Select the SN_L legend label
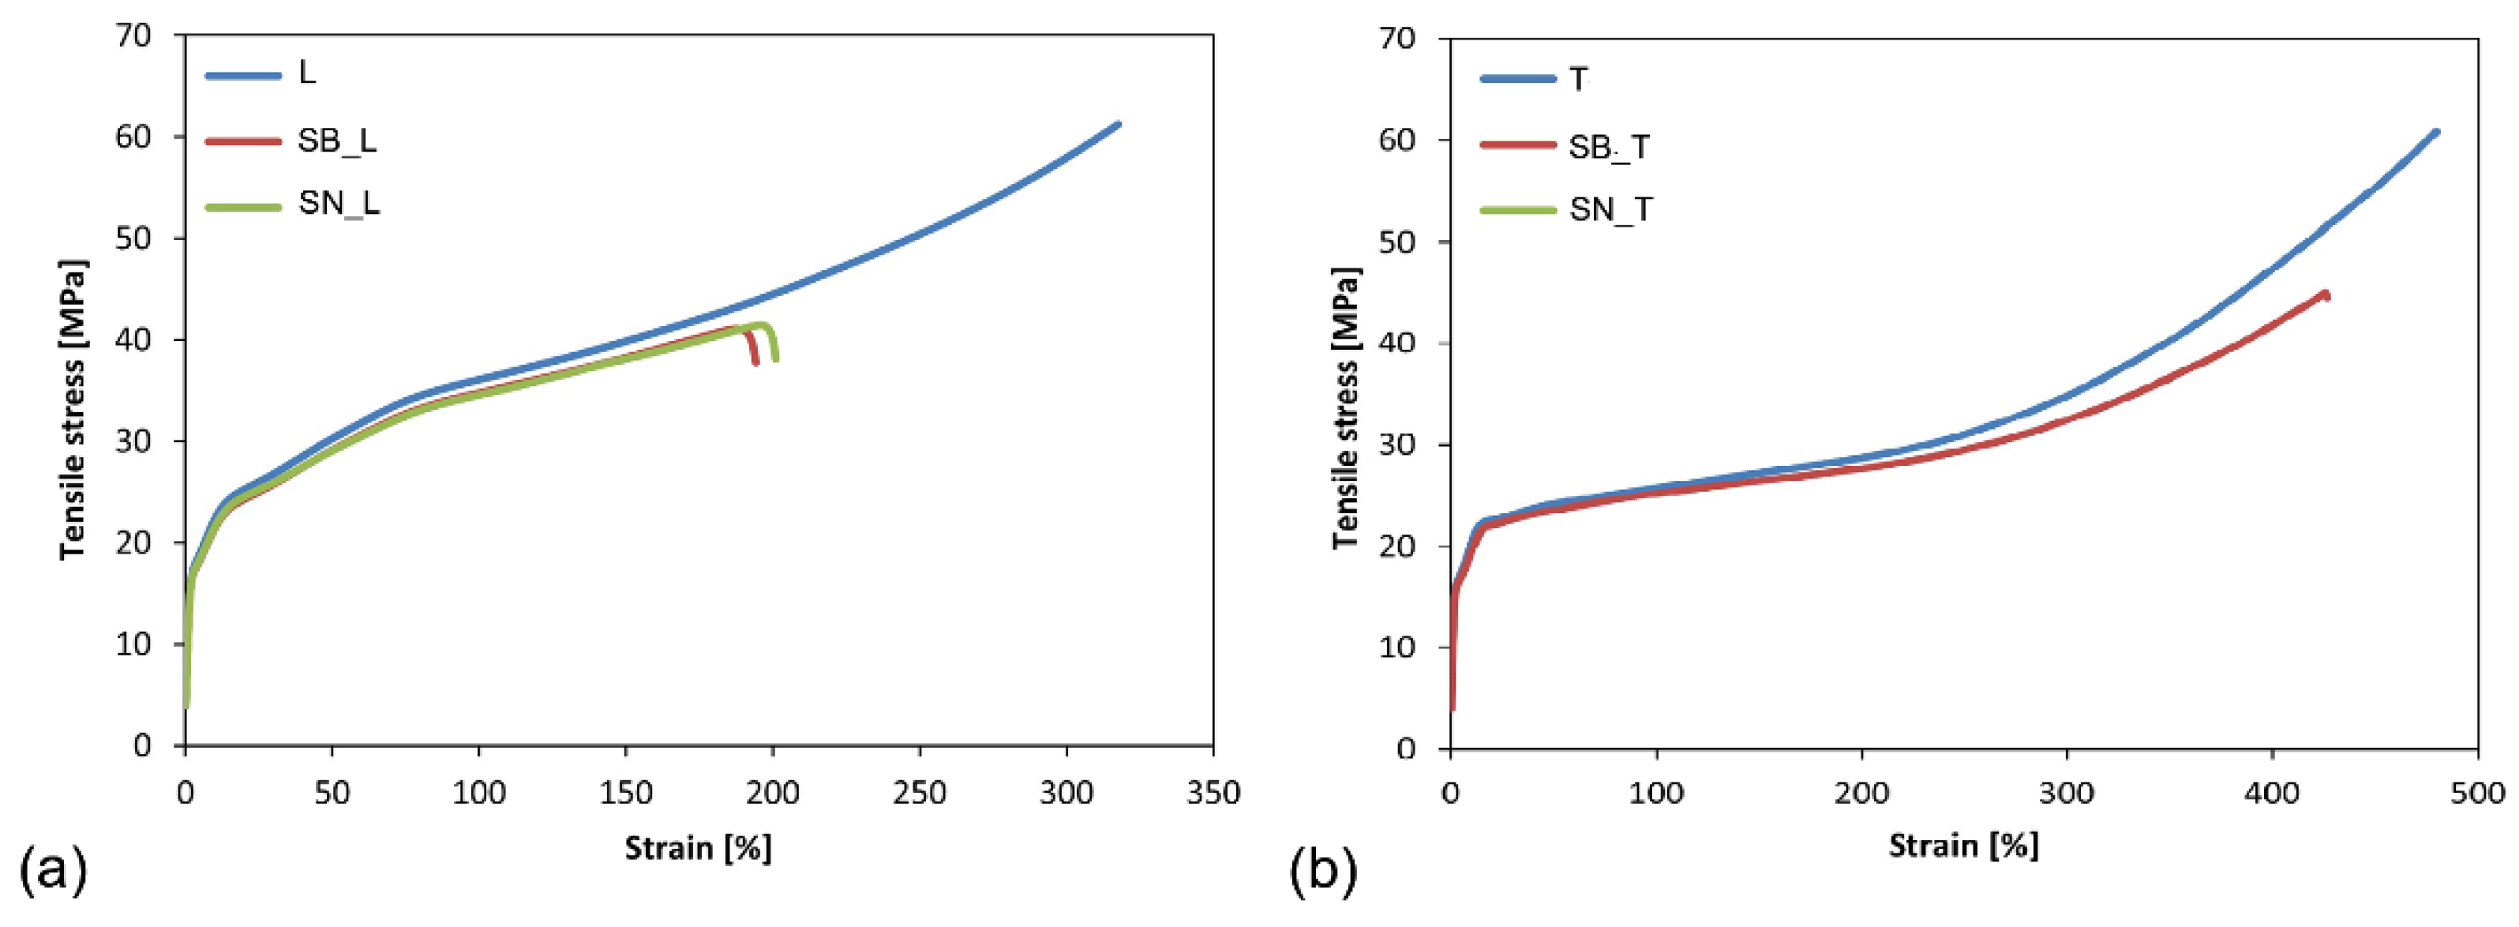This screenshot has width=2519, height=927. pos(339,204)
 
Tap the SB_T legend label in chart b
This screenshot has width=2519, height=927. pos(1609,147)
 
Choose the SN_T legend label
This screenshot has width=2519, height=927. pos(1610,209)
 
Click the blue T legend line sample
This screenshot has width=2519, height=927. pos(1518,78)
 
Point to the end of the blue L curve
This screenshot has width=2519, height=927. pos(1118,124)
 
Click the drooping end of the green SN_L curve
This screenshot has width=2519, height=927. pos(775,358)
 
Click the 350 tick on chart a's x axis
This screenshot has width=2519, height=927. pos(1213,792)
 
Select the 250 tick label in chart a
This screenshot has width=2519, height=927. pos(919,792)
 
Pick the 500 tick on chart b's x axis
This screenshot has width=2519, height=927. pos(2477,793)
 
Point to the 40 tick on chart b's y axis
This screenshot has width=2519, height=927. pos(1397,343)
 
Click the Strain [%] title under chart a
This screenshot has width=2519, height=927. pos(698,848)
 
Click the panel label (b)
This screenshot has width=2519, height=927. pos(1323,871)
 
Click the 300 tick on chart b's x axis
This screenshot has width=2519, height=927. pos(2066,793)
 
